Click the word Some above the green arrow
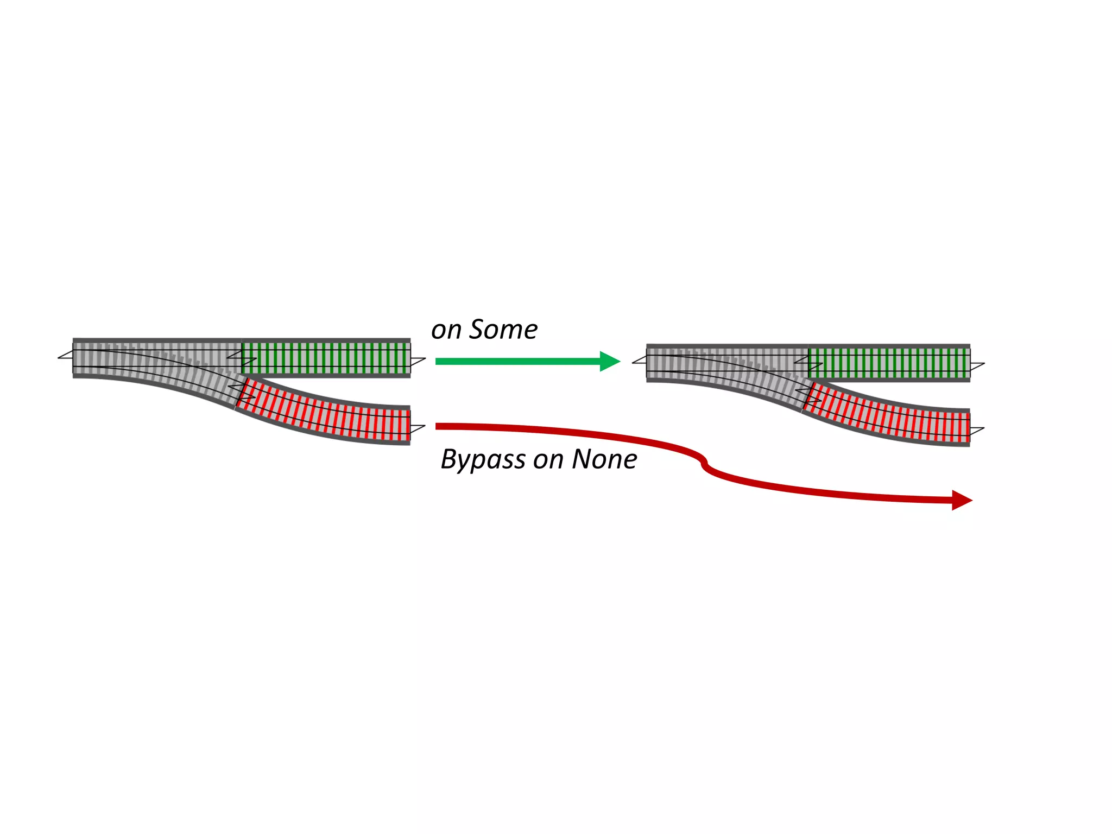coord(503,330)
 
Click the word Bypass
coord(483,460)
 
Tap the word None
coord(604,459)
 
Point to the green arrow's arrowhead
coord(609,361)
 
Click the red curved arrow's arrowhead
coord(961,500)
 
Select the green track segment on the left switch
coord(326,358)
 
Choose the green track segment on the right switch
coord(889,363)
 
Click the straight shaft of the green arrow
coord(516,361)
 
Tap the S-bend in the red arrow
coord(704,463)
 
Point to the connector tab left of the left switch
coord(66,355)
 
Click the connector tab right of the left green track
coord(418,361)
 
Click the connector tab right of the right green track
coord(977,366)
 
